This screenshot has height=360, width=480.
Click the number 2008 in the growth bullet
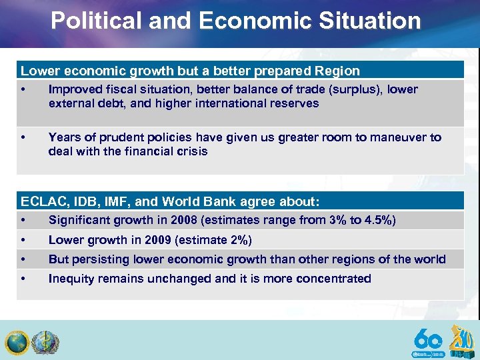click(x=184, y=220)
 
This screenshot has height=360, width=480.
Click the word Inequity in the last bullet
click(x=71, y=279)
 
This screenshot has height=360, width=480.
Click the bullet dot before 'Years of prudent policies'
click(x=23, y=137)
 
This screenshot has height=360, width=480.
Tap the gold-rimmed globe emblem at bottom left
click(x=16, y=343)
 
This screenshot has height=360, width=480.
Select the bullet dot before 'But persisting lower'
click(x=23, y=259)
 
